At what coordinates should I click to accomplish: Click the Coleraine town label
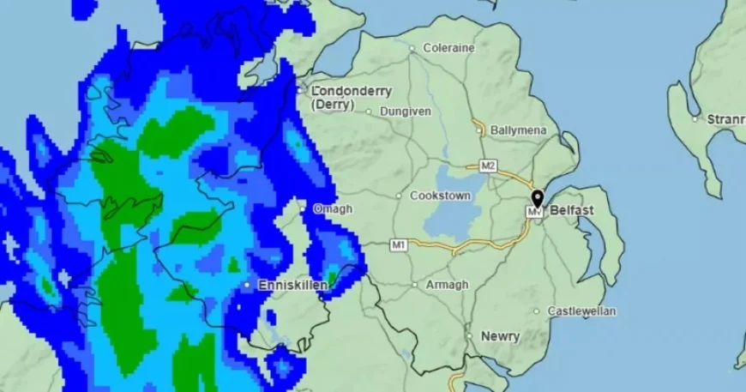pyautogui.click(x=447, y=48)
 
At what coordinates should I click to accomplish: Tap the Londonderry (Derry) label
pyautogui.click(x=351, y=97)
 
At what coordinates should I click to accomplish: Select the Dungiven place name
pyautogui.click(x=405, y=111)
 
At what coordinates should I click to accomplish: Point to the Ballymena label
pyautogui.click(x=518, y=130)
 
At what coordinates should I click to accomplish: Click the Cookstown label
pyautogui.click(x=440, y=196)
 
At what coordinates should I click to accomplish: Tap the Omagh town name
pyautogui.click(x=333, y=208)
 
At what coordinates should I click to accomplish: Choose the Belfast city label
pyautogui.click(x=572, y=209)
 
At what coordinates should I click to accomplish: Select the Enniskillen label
pyautogui.click(x=292, y=284)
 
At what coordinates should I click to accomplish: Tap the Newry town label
pyautogui.click(x=500, y=336)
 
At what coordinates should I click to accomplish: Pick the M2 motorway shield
pyautogui.click(x=488, y=166)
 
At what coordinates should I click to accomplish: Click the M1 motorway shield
pyautogui.click(x=398, y=244)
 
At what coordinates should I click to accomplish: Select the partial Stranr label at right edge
pyautogui.click(x=725, y=119)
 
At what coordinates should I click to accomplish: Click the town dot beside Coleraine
pyautogui.click(x=412, y=48)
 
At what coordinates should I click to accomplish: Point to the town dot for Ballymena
pyautogui.click(x=480, y=131)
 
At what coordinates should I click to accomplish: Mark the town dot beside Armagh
pyautogui.click(x=415, y=284)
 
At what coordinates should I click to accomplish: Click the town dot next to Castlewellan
pyautogui.click(x=537, y=311)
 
